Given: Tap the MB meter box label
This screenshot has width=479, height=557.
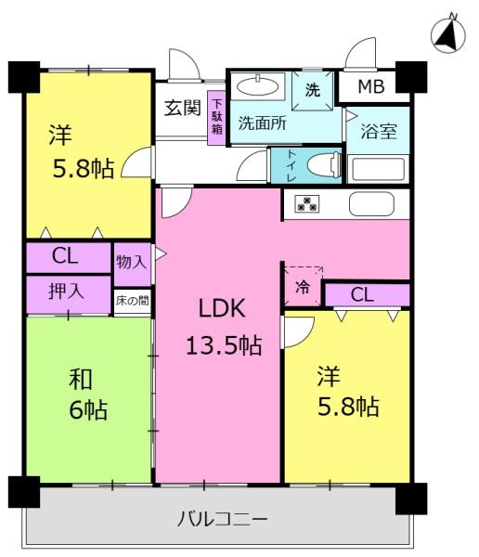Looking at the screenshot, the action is [x=371, y=86].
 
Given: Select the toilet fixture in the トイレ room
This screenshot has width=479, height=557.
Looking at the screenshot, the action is [x=324, y=165].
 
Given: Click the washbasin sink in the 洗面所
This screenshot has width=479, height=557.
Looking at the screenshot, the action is [x=258, y=86].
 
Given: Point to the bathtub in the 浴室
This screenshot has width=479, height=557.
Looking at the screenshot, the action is [x=378, y=169].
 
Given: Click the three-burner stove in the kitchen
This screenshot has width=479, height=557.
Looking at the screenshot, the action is [x=307, y=204].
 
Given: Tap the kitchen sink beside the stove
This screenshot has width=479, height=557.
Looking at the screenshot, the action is [x=371, y=204].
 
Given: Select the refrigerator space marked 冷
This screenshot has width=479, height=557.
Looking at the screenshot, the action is [x=303, y=286].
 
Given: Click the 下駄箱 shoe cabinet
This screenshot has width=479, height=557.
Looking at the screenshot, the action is [x=217, y=117].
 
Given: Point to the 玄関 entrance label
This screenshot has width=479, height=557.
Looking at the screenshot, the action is [x=183, y=108].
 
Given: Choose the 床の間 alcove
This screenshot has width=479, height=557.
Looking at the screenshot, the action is [x=132, y=301].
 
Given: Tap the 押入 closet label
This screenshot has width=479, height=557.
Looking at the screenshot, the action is [x=66, y=291].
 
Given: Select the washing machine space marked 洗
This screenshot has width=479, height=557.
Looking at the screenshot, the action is [x=312, y=91].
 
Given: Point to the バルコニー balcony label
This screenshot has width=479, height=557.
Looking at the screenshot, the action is [x=222, y=520].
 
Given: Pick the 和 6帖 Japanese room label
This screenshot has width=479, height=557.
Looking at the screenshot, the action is [x=88, y=395].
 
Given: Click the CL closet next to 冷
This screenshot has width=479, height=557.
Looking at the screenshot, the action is [x=368, y=295].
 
